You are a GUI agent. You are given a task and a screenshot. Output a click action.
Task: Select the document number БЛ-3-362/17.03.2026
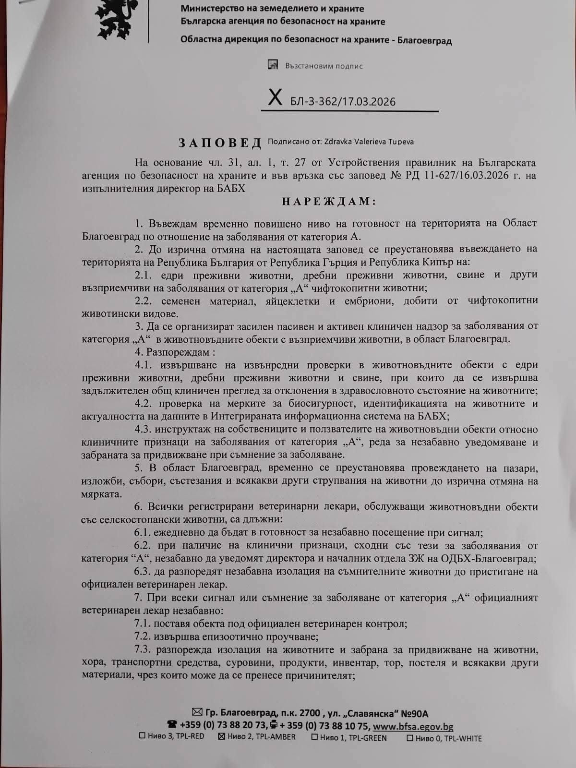343,101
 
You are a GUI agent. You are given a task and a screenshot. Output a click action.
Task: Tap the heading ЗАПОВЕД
220,143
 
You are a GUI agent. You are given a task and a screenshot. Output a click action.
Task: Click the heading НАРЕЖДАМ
329,202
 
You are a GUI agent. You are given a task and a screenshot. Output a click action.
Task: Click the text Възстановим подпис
324,66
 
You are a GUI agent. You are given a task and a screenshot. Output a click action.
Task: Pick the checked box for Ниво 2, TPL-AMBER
222,737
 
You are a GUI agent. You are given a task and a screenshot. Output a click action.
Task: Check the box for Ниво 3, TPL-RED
142,737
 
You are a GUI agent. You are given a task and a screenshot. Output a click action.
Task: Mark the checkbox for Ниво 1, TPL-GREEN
314,737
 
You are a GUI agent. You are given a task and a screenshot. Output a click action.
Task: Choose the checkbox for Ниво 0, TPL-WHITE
410,738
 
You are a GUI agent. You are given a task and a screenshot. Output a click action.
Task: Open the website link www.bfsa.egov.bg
413,727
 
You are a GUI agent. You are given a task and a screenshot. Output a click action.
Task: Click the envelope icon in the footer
197,713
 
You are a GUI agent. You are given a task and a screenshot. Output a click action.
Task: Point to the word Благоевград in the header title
424,40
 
